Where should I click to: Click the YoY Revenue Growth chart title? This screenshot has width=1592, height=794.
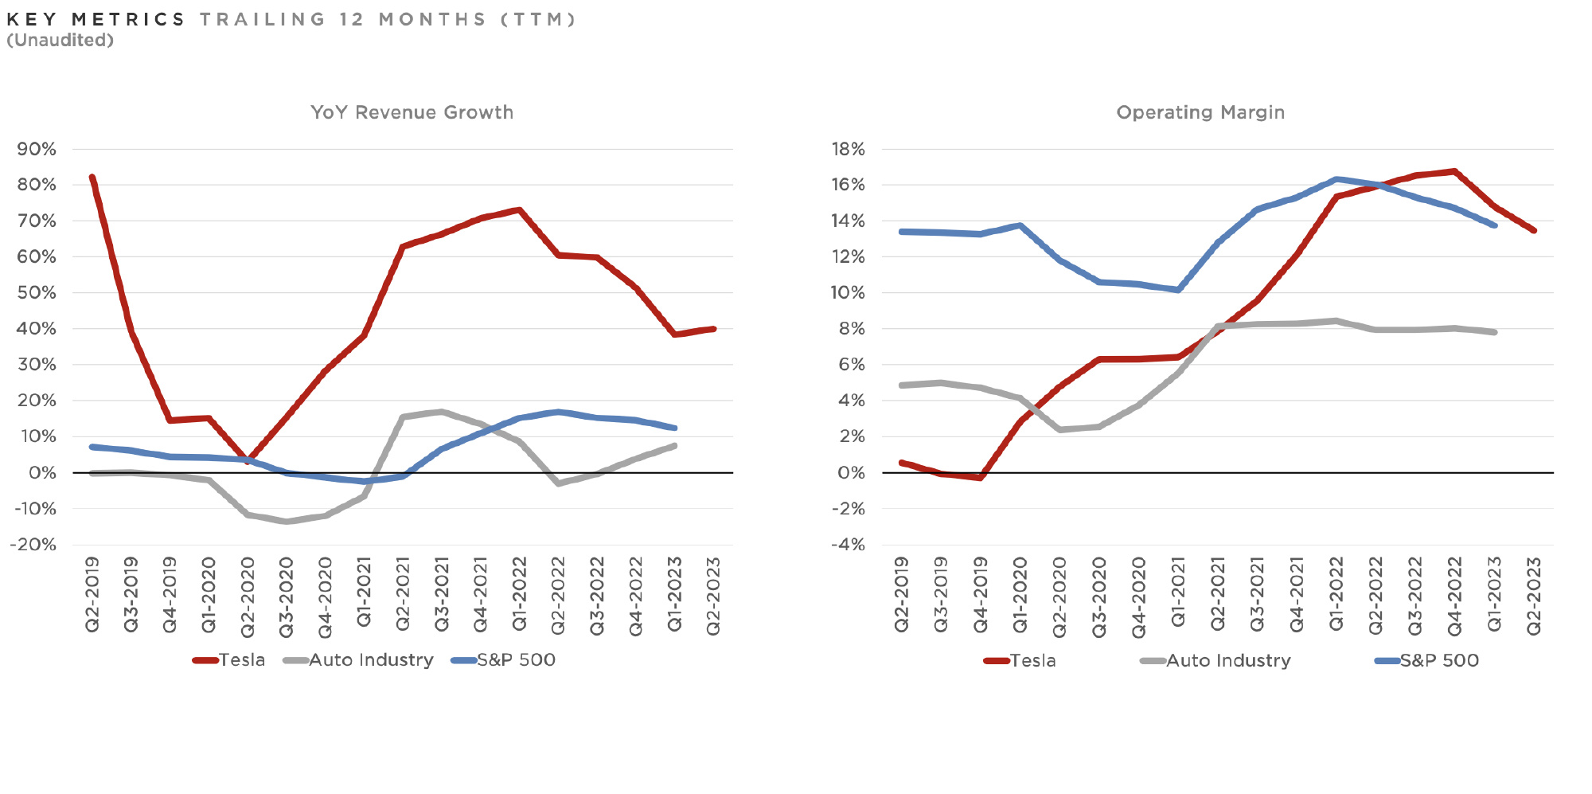pos(412,112)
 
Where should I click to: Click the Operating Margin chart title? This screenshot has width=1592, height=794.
pos(1200,112)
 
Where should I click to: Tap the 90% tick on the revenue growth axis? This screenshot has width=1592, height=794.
pos(37,149)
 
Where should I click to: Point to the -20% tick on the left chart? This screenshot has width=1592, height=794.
pos(33,545)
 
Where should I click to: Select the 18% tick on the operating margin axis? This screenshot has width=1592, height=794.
pos(848,149)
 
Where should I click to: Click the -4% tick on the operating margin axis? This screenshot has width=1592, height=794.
pos(848,545)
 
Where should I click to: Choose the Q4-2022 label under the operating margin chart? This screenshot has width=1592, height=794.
pos(1455,596)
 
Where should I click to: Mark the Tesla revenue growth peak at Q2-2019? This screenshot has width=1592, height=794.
pos(92,178)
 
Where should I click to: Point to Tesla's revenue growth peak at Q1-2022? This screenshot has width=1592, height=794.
pos(519,210)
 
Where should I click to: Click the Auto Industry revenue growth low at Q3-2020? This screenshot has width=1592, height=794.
pos(287,522)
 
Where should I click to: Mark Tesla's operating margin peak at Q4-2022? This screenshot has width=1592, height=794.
pos(1454,171)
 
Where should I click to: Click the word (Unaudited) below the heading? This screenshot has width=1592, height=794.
pos(60,41)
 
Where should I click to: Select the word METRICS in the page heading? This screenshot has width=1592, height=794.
pos(128,19)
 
